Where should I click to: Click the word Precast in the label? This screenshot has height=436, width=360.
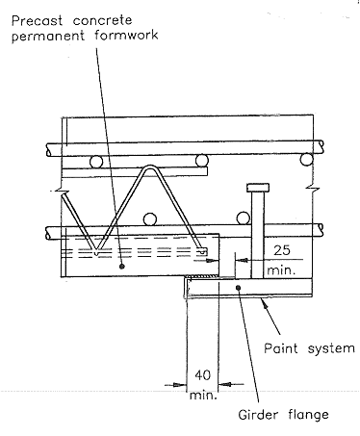37,20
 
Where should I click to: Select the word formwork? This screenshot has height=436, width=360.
126,35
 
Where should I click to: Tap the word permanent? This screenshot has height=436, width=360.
48,36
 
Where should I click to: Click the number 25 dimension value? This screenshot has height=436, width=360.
282,250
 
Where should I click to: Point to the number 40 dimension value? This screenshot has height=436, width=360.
202,375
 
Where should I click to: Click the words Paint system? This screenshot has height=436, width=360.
309,348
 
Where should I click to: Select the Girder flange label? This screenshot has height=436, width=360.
283,415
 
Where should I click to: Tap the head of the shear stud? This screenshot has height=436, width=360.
258,188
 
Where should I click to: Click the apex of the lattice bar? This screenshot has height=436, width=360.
150,167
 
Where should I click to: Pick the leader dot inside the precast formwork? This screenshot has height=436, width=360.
121,266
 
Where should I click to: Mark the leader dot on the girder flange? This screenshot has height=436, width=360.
238,288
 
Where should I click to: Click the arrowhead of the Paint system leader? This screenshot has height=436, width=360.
265,302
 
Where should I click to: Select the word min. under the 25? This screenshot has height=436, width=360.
281,270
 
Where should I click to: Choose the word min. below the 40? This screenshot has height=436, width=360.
203,395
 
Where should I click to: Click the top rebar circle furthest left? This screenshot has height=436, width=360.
96,162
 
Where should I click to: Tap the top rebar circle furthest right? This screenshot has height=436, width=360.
307,159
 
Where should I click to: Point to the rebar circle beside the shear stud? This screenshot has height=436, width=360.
244,218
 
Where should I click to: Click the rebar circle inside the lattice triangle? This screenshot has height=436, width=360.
149,219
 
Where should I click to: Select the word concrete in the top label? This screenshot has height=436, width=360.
102,20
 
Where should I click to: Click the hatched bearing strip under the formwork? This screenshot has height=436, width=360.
203,277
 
